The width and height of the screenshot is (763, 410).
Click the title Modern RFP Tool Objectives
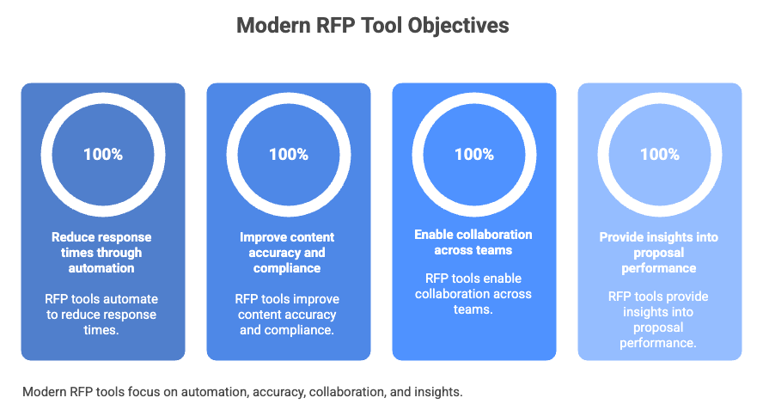tap(372, 26)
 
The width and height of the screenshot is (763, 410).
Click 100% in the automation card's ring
tap(103, 155)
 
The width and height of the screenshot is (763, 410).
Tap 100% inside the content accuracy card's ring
tap(289, 155)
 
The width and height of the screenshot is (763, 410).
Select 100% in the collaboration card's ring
tap(474, 155)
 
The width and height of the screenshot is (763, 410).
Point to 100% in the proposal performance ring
tap(660, 155)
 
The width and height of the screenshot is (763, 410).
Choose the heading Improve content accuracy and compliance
tap(289, 252)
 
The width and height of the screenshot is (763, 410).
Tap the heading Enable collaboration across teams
tap(473, 242)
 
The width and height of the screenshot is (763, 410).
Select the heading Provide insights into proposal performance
tap(659, 252)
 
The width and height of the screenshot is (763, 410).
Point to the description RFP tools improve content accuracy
tap(289, 314)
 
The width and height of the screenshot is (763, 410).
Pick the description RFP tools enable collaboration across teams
tap(473, 294)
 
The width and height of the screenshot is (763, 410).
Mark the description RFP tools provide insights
tap(659, 320)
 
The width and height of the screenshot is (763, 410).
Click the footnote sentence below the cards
tap(243, 391)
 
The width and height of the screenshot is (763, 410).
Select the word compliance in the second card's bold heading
tap(289, 267)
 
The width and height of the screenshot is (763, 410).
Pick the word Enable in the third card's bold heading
tap(435, 235)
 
